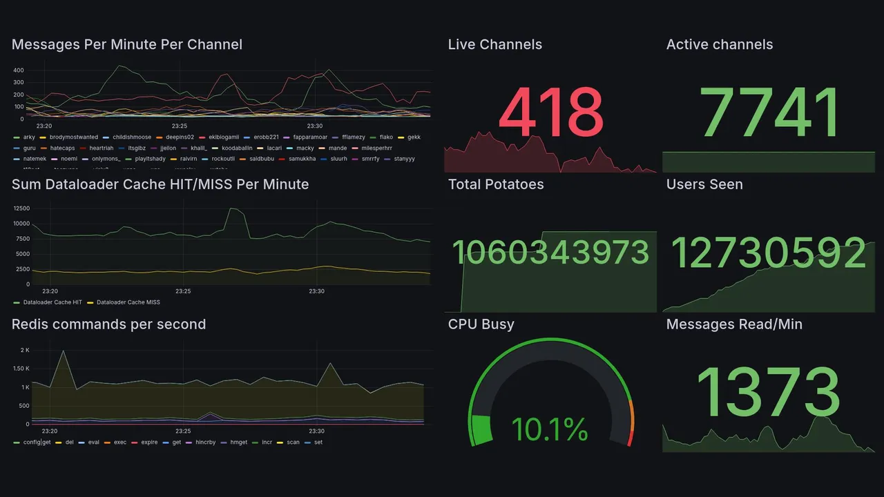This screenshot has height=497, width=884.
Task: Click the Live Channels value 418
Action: click(550, 113)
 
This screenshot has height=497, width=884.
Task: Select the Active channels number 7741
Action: click(769, 113)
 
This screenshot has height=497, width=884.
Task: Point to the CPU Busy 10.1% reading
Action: click(550, 429)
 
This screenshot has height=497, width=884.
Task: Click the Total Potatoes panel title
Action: click(495, 184)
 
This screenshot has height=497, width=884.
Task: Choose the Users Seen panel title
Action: click(704, 184)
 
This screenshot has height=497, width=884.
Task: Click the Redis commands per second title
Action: click(108, 324)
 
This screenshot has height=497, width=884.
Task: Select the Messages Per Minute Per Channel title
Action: click(127, 45)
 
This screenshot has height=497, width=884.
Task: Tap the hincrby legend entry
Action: click(205, 442)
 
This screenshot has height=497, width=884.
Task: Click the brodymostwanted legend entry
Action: click(74, 137)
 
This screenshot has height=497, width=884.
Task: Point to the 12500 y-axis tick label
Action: click(21, 208)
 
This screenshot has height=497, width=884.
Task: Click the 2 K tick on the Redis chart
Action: click(25, 351)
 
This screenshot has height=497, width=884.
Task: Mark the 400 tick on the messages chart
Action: click(19, 70)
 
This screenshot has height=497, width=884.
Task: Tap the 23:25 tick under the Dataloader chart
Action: click(183, 291)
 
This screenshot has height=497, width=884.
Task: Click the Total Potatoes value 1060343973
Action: click(550, 253)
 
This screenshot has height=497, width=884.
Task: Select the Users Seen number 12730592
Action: click(769, 253)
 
